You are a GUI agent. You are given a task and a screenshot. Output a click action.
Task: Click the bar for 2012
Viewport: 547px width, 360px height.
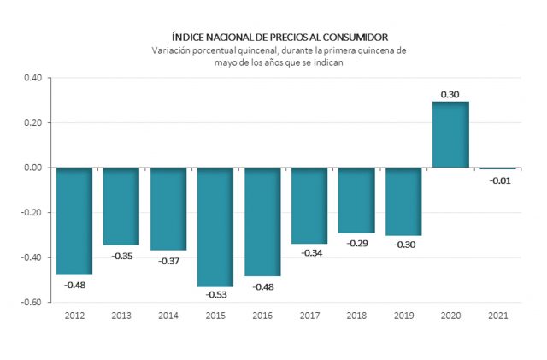click(74, 221)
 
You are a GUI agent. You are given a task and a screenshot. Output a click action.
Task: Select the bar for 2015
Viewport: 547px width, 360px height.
click(215, 227)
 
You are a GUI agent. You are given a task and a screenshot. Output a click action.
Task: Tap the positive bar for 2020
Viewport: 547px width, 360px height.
click(450, 135)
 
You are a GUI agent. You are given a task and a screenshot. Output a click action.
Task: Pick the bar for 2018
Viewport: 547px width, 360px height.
click(356, 200)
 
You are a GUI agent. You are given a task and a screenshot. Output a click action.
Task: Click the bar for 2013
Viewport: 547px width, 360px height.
click(121, 206)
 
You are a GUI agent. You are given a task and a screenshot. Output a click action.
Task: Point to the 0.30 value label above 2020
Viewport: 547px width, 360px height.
click(450, 94)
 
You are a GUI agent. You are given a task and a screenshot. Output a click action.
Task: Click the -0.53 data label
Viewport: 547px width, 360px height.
click(215, 295)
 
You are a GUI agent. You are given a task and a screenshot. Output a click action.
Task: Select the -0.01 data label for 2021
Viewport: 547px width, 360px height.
click(497, 180)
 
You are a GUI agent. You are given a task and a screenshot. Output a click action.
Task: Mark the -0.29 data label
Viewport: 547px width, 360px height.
click(356, 243)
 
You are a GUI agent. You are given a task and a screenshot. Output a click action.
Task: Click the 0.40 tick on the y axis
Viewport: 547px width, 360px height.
click(32, 79)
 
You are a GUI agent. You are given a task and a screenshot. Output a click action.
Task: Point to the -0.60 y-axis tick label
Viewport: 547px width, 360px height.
click(31, 302)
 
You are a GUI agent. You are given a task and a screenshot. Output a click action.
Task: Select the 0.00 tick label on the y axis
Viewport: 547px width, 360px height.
click(32, 168)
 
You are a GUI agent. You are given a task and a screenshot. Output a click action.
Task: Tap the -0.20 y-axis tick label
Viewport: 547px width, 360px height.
click(31, 212)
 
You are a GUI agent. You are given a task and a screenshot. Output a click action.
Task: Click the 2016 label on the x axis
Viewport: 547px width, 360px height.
click(262, 316)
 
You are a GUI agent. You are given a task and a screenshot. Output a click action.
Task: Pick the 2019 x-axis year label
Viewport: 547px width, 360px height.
click(403, 316)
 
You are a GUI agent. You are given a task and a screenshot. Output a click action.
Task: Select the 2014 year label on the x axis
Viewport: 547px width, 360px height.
click(168, 316)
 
